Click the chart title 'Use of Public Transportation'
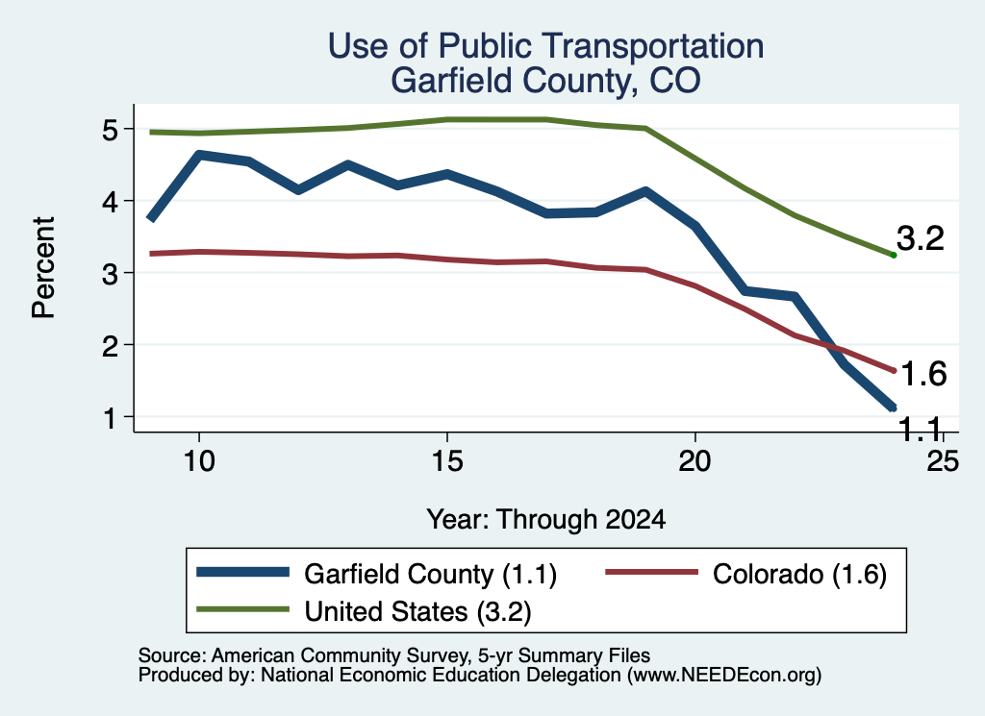click(545, 46)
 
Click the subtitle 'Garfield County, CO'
click(545, 81)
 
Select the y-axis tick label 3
click(111, 274)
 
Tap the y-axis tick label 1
click(111, 418)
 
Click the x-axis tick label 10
click(199, 461)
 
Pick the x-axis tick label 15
click(447, 461)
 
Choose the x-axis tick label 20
click(695, 461)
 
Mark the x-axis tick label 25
click(943, 461)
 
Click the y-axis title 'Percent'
click(43, 267)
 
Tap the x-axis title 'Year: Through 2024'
click(546, 520)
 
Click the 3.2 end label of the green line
click(921, 238)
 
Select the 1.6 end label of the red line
click(922, 374)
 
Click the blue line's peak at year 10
click(199, 155)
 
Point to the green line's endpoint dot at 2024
click(893, 255)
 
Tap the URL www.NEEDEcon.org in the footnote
click(723, 676)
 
